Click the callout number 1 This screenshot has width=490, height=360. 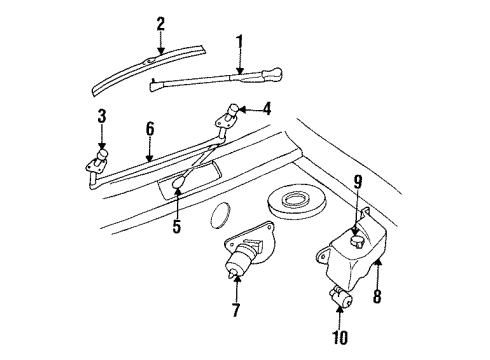pyautogui.click(x=239, y=42)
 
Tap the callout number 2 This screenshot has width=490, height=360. pyautogui.click(x=159, y=23)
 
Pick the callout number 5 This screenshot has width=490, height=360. pyautogui.click(x=176, y=227)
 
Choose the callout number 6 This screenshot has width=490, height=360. pyautogui.click(x=150, y=128)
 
